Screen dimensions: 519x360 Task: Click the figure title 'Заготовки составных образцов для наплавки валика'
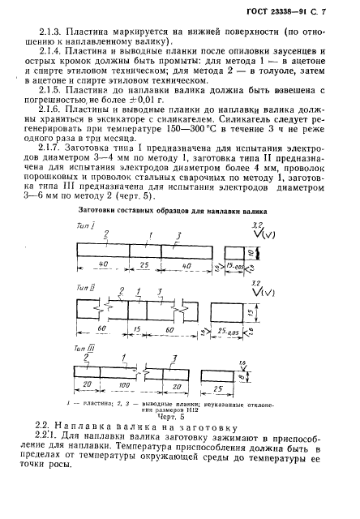pyautogui.click(x=176, y=212)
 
